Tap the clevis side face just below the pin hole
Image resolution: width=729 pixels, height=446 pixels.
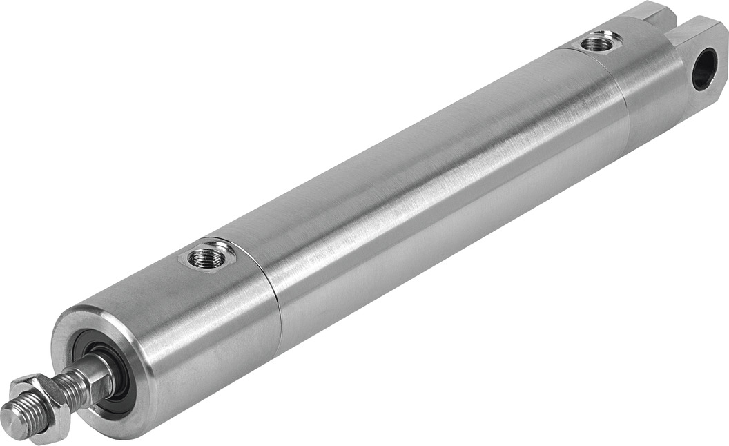tap(706, 104)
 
